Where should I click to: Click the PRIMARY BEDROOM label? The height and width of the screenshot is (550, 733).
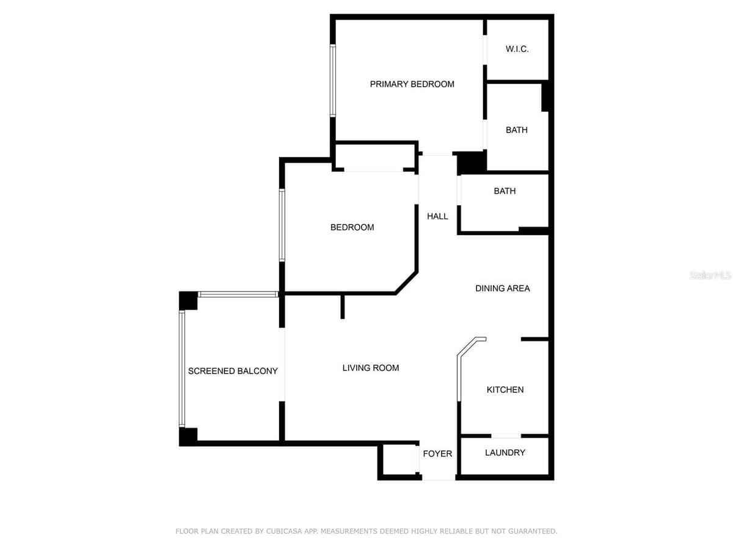412,84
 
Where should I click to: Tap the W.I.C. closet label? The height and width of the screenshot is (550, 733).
517,49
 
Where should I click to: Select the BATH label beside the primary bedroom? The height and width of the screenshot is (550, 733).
517,130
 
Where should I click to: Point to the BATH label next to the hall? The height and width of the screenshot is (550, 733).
505,191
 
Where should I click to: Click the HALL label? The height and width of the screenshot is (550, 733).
437,216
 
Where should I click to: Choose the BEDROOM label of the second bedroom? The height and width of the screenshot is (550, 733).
352,227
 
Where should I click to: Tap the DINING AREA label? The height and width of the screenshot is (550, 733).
502,288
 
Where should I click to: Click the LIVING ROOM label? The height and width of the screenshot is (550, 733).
371,368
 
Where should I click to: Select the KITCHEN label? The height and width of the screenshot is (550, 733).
505,389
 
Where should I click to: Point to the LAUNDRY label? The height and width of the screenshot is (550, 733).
505,452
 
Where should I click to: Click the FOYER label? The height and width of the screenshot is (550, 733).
437,453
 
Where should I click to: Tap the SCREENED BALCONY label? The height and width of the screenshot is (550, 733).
233,371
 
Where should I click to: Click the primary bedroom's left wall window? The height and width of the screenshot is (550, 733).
333,81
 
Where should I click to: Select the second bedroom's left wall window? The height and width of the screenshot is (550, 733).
282,225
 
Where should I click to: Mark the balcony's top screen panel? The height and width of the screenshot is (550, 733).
238,294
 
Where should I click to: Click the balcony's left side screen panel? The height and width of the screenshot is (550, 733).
182,369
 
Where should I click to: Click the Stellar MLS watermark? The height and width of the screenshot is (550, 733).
710,275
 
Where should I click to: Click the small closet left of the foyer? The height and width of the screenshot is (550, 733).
399,459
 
